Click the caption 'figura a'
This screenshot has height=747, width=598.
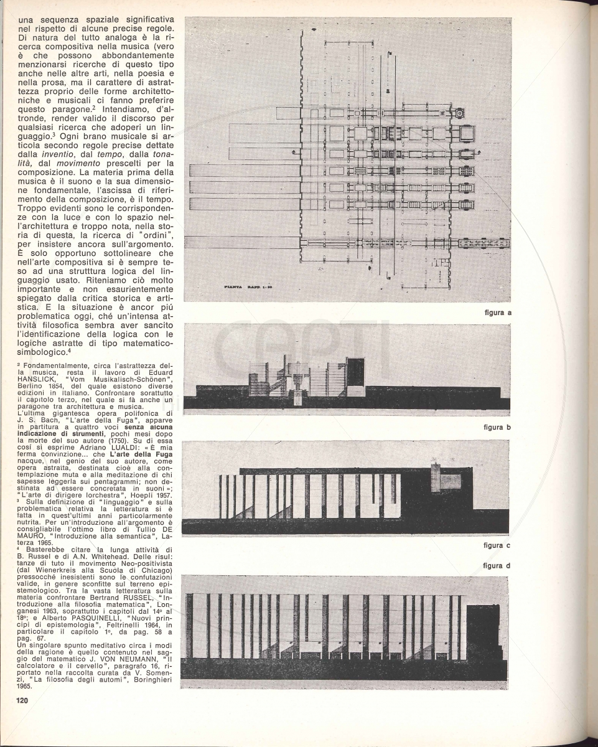click(497, 312)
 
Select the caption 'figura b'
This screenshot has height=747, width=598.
click(497, 428)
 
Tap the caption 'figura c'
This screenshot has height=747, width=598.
click(497, 545)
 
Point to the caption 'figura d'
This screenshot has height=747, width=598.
click(497, 565)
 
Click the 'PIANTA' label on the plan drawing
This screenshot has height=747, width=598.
click(236, 287)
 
